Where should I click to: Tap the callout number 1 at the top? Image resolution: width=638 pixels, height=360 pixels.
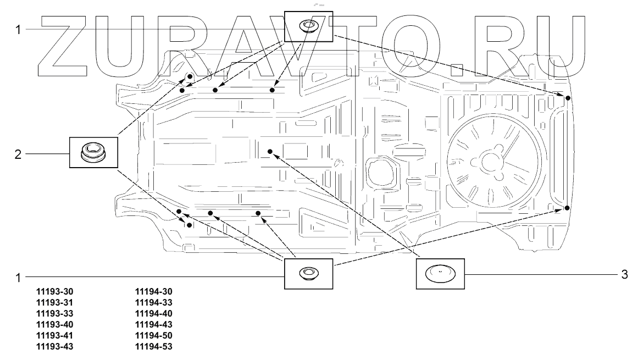(18, 29)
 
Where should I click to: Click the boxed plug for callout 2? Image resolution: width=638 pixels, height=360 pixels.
(93, 152)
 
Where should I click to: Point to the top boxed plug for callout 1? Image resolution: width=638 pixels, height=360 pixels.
(308, 26)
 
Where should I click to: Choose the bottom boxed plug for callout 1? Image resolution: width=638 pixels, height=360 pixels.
(308, 273)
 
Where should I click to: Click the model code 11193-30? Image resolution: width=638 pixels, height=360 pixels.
(54, 292)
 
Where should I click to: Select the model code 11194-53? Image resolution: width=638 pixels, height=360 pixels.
(154, 347)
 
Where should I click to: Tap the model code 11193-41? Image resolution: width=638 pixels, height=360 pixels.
(54, 336)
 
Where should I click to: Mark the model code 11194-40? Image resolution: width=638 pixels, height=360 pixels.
(154, 314)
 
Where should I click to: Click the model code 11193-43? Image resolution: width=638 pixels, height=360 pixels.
(54, 347)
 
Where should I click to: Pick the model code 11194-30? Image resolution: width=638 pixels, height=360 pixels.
(154, 292)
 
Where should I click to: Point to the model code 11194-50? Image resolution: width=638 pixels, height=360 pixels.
(154, 336)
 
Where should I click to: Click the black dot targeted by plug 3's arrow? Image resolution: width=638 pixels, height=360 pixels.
(270, 151)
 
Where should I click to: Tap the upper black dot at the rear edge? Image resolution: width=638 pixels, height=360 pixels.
(568, 98)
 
